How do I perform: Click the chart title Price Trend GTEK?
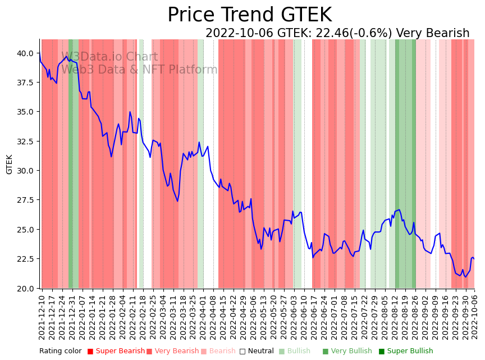pos(249,15)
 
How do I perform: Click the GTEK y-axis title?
pos(10,164)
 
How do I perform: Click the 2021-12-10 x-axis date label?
pos(42,317)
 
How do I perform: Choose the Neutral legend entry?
pos(257,352)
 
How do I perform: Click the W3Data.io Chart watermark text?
pos(109,57)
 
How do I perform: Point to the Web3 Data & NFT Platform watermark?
pos(139,70)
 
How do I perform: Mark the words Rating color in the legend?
pos(61,352)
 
